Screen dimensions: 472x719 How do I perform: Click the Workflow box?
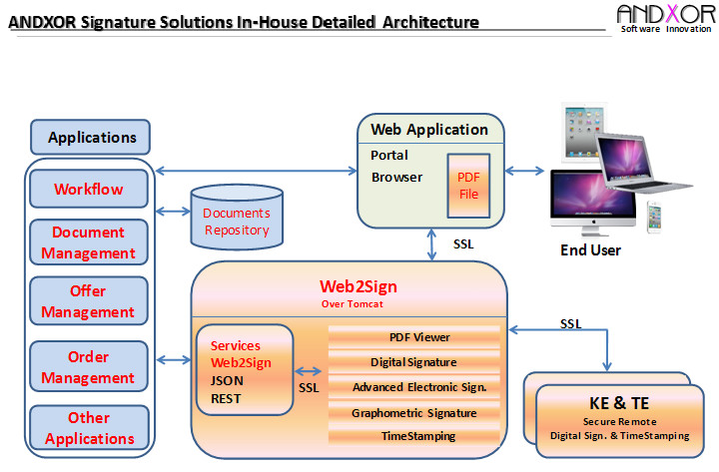(x=89, y=189)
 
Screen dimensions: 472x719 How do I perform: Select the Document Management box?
(x=89, y=242)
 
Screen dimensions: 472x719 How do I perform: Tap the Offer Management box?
(x=89, y=302)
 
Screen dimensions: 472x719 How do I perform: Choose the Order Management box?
(x=89, y=367)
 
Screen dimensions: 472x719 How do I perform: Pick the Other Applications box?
(x=89, y=428)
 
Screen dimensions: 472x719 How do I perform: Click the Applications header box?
(x=91, y=138)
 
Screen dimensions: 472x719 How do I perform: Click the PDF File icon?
(x=468, y=186)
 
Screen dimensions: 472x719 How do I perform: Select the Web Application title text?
(x=429, y=130)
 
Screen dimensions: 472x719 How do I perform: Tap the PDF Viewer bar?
(x=418, y=337)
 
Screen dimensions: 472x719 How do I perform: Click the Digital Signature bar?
(x=413, y=362)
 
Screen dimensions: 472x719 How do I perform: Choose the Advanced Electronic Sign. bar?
(x=418, y=387)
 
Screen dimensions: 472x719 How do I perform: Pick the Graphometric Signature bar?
(x=413, y=412)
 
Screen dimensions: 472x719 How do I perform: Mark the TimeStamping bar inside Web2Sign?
(x=418, y=436)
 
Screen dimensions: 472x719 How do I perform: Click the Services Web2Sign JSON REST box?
(x=244, y=368)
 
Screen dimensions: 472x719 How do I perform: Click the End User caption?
(x=590, y=250)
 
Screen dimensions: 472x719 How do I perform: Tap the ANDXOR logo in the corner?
(x=665, y=17)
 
